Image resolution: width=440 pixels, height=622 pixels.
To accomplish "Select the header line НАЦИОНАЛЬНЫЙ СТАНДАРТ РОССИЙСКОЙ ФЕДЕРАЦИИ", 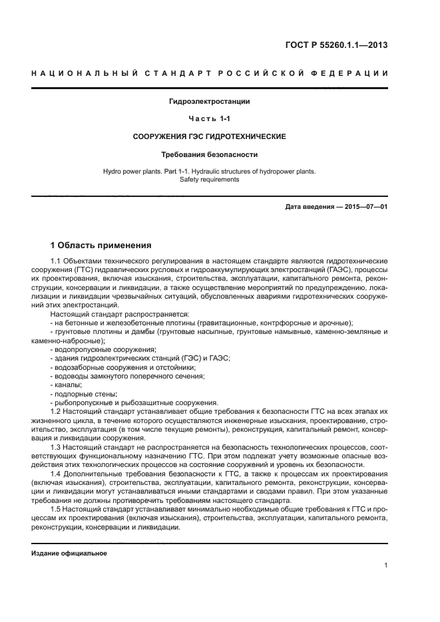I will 210,73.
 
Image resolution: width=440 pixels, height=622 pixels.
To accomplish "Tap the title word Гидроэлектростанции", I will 209,102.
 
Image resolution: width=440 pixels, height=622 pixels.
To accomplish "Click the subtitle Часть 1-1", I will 209,119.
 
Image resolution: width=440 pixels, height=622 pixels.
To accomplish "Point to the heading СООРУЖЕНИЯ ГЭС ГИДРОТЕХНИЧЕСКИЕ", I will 209,136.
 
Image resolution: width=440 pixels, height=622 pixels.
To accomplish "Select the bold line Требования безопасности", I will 209,154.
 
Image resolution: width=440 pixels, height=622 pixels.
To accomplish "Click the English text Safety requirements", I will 209,180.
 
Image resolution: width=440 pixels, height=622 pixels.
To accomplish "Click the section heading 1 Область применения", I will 101,245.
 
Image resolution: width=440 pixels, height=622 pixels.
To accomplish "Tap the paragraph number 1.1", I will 57,262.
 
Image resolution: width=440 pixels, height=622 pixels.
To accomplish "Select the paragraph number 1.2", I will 57,412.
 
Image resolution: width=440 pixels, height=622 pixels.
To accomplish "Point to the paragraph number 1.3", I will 57,447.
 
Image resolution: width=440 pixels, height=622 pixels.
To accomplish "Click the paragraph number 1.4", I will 57,474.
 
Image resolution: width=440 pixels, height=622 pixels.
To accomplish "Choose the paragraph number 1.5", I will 57,508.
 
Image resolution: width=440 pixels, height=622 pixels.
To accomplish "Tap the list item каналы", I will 68,385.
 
